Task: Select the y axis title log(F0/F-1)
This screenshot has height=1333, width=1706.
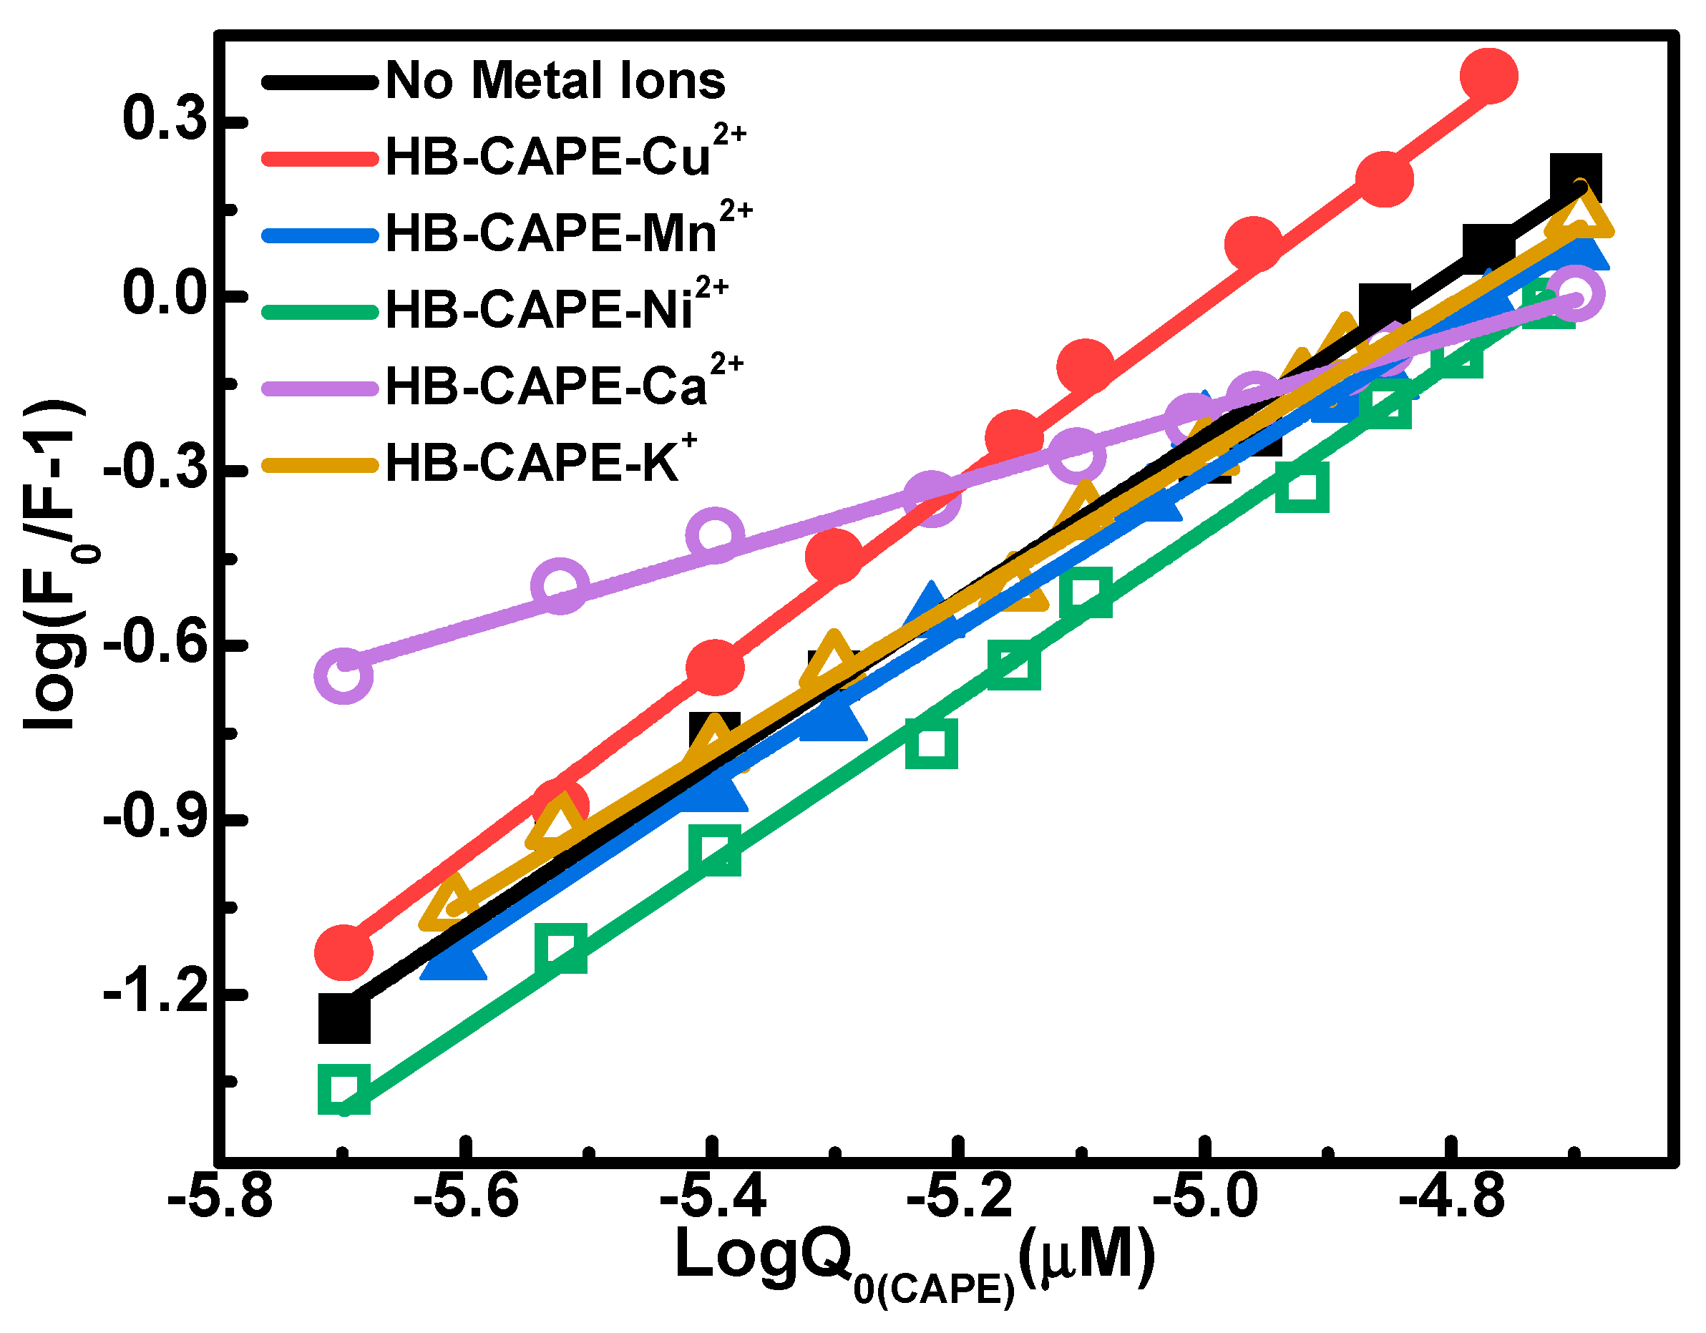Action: [x=54, y=565]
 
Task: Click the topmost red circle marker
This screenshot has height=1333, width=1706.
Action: [x=1488, y=75]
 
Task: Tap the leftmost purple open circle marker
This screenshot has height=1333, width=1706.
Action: [x=343, y=674]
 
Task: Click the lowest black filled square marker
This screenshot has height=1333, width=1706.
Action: [x=343, y=1018]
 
